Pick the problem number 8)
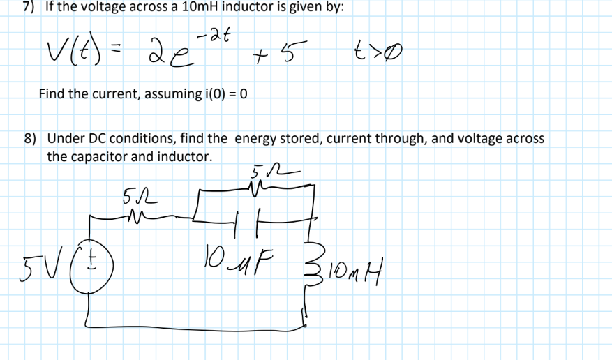click(31, 138)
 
